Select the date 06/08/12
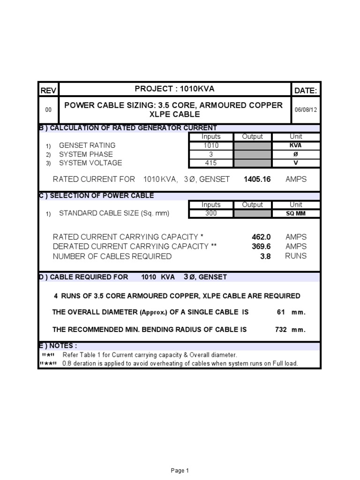coord(306,109)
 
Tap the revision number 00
coord(48,109)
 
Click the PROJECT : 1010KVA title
coord(174,89)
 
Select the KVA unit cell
coord(296,145)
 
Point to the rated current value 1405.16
coord(257,179)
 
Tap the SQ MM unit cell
coord(296,214)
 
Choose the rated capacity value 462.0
coord(261,237)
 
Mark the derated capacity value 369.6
coord(261,247)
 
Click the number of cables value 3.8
coord(266,256)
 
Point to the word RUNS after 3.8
coord(296,256)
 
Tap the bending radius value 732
coord(281,330)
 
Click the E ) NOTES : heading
coord(57,345)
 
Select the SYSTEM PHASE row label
coord(86,154)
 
